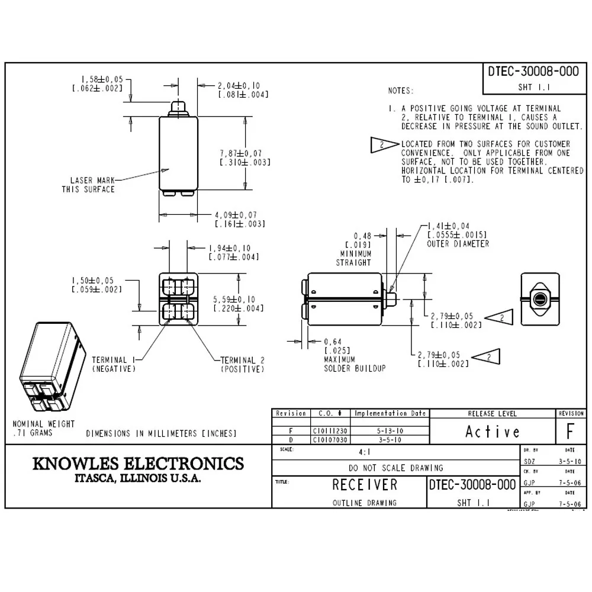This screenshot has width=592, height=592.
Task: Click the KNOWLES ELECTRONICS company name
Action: [x=137, y=463]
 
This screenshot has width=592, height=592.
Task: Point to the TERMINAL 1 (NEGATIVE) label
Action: [x=114, y=364]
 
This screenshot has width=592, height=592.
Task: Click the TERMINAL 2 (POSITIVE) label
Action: [x=242, y=364]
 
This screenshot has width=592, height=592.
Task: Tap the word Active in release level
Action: [x=493, y=432]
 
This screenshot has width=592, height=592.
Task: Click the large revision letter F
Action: [x=570, y=432]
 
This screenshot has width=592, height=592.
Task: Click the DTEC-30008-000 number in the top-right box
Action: [x=533, y=71]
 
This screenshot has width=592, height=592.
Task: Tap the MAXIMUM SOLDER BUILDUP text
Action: [x=354, y=363]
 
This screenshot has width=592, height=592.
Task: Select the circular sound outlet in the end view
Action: [x=539, y=300]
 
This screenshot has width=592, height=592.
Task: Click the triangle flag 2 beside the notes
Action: [x=383, y=144]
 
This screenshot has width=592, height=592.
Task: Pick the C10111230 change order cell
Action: [x=330, y=432]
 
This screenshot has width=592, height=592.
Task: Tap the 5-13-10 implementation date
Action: [x=389, y=432]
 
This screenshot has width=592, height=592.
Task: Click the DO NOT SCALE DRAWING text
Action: [x=395, y=468]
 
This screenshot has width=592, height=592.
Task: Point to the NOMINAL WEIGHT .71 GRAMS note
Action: [x=44, y=428]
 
